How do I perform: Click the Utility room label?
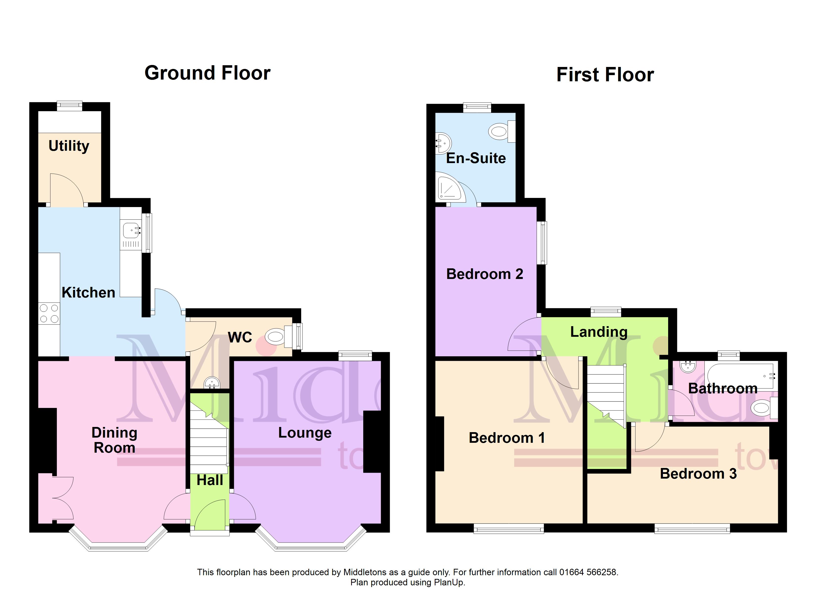(x=69, y=146)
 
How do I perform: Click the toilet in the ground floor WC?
(x=279, y=337)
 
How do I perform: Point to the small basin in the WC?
(x=212, y=383)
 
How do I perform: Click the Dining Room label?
(x=114, y=440)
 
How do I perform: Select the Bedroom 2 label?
(x=485, y=274)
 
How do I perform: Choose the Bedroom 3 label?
(x=698, y=474)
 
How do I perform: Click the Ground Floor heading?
(x=208, y=73)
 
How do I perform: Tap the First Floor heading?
(x=605, y=75)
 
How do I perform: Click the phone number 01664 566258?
(x=588, y=572)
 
